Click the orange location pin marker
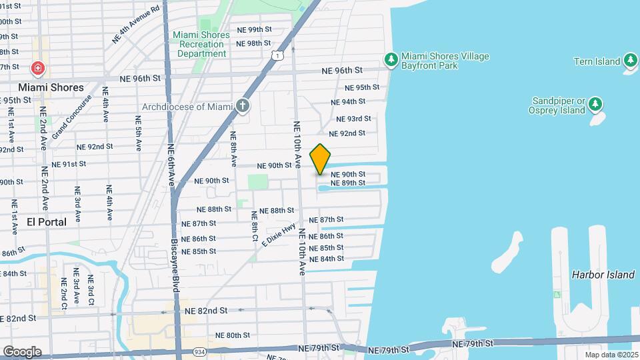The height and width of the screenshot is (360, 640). pos(321,159)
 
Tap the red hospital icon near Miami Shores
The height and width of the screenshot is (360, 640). pos(38,68)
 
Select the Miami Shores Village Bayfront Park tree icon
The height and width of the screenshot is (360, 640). pos(392,60)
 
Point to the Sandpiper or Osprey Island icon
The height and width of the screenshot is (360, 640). pos(595,105)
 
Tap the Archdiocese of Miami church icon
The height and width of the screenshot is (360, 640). pos(243,106)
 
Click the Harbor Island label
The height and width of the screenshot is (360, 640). pos(603,275)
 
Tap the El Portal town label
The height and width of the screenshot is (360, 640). pos(47,221)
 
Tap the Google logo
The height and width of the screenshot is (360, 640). pos(22,351)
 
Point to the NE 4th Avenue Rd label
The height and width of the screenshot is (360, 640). pos(137,25)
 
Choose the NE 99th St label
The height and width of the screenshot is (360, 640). pos(255,30)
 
